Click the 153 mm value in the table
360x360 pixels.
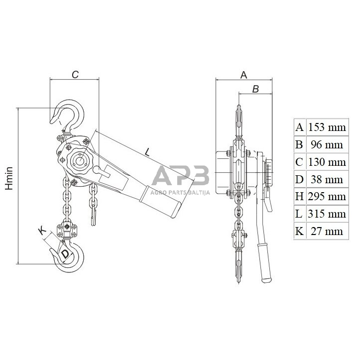tap(327, 127)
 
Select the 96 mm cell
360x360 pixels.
tap(327, 144)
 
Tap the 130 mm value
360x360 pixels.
tap(327, 162)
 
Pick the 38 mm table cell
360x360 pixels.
tap(327, 179)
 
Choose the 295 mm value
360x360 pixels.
tap(327, 197)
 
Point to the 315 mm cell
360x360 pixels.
tap(327, 214)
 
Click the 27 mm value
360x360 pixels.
tap(327, 231)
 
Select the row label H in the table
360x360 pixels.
tap(299, 197)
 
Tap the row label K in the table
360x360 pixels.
tap(299, 231)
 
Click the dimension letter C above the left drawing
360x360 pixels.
tap(75, 75)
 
